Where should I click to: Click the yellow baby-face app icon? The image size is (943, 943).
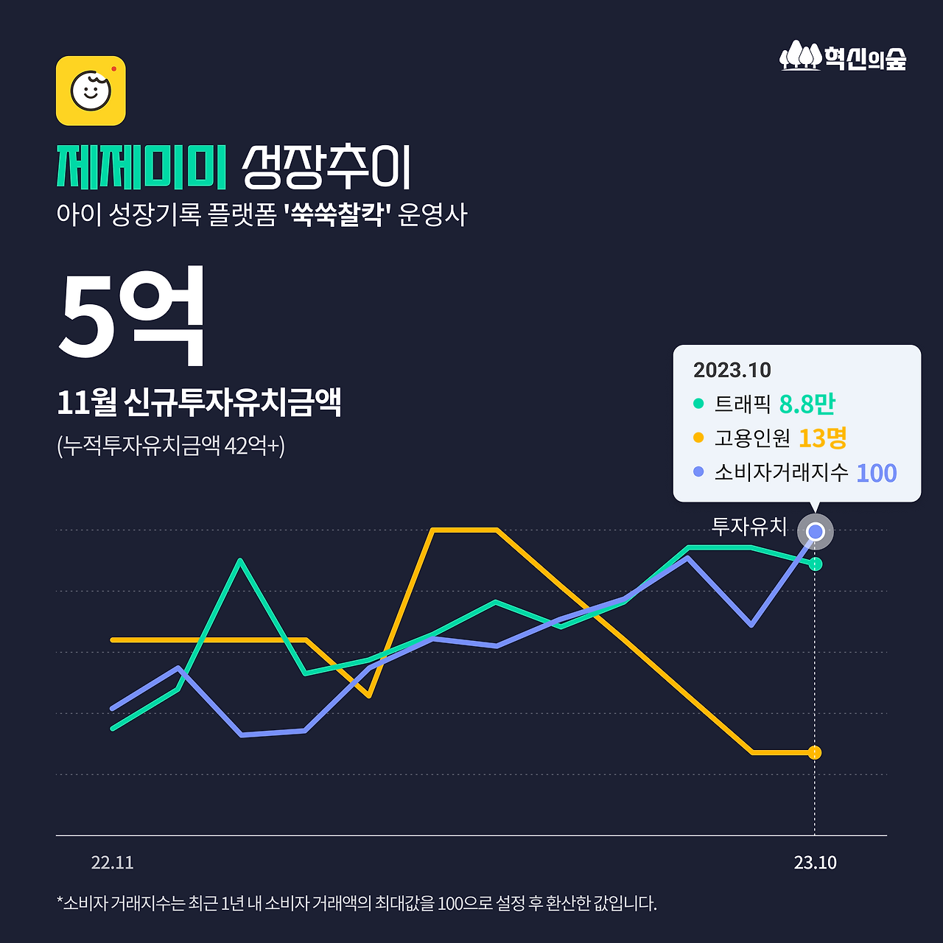click(91, 91)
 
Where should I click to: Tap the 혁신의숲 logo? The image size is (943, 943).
click(843, 56)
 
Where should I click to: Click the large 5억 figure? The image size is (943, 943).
click(131, 317)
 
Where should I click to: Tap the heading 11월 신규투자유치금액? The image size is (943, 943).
click(199, 402)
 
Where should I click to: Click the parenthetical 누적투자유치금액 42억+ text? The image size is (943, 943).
click(171, 446)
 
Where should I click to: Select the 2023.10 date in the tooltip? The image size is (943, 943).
click(732, 370)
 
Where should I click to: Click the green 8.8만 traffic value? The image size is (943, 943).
click(807, 404)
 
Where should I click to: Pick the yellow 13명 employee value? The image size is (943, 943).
click(822, 438)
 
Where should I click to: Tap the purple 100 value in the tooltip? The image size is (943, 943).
click(876, 473)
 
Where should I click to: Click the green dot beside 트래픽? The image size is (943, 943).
click(698, 404)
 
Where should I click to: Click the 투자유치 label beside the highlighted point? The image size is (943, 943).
click(749, 526)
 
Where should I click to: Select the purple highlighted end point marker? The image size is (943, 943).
click(815, 531)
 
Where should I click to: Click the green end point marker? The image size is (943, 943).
click(815, 564)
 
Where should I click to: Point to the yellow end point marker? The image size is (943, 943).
click(814, 752)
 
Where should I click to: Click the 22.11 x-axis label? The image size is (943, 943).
click(112, 863)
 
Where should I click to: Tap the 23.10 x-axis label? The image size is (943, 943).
click(815, 863)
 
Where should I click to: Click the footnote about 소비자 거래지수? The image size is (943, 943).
click(357, 903)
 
